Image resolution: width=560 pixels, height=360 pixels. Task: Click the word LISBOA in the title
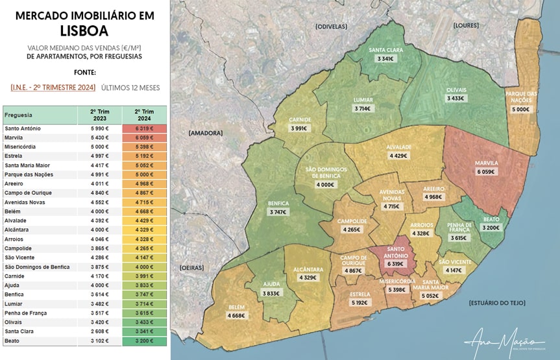(84, 30)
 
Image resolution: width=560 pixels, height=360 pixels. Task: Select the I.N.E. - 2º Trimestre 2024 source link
(53, 88)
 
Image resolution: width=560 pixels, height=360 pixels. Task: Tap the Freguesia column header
(19, 115)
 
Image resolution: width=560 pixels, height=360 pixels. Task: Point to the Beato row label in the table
(12, 341)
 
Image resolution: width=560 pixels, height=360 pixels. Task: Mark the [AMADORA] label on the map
(206, 133)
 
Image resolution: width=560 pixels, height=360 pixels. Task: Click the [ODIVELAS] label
(331, 27)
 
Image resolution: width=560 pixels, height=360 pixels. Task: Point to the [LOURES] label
(466, 25)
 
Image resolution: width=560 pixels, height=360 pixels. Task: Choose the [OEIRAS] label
(192, 267)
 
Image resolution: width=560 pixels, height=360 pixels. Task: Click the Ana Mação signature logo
(504, 342)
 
